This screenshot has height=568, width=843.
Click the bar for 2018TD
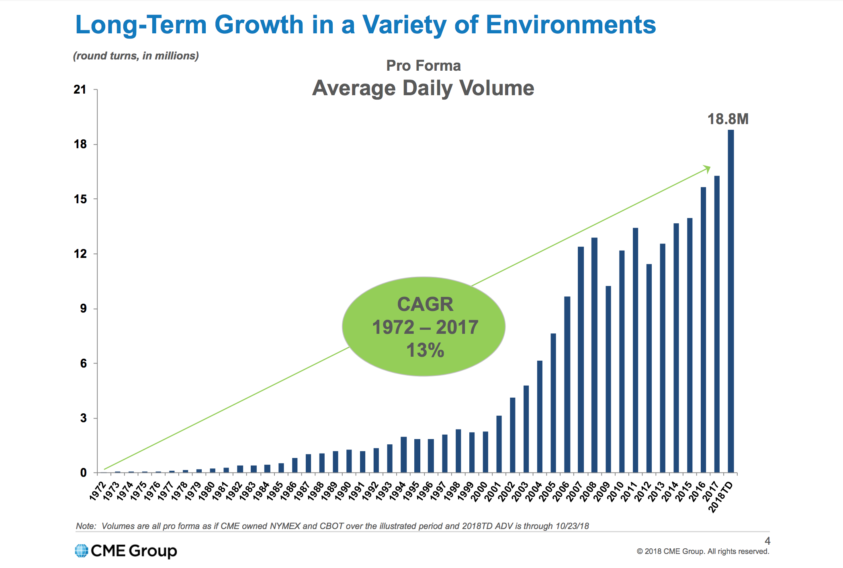[730, 301]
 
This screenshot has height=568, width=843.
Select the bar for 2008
[594, 355]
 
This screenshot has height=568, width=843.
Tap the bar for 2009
[608, 379]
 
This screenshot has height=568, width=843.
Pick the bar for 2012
[649, 368]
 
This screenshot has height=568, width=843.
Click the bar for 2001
[499, 444]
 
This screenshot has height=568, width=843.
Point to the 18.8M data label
[728, 119]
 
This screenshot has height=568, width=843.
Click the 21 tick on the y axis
[80, 90]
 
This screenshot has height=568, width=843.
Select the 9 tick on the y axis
[83, 309]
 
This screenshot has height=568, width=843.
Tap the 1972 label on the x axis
[98, 491]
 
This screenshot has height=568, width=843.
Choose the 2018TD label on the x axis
[721, 497]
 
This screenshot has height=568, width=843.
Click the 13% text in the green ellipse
[425, 350]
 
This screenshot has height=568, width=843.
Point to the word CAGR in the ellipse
[425, 304]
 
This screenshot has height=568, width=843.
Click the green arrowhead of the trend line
[707, 169]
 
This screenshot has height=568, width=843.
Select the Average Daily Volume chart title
[423, 88]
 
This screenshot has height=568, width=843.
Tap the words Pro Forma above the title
[423, 65]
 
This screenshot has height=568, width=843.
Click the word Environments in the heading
[571, 25]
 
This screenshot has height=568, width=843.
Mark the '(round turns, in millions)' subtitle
[136, 56]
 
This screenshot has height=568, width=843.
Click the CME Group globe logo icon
[82, 551]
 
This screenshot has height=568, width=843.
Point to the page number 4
[767, 541]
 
